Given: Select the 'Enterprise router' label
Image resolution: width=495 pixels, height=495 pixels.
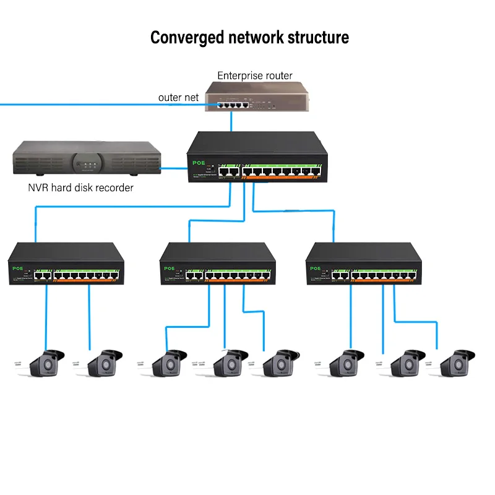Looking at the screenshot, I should point(254,75).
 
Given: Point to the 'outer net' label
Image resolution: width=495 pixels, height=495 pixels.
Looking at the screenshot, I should point(178,97).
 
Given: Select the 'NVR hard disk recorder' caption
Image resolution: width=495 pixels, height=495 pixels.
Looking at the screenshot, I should point(80,187).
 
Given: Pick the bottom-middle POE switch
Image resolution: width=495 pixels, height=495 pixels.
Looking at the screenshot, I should point(217,265).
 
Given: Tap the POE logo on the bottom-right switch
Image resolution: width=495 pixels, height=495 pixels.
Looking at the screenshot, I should point(315,269).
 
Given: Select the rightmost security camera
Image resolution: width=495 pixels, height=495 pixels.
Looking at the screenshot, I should point(456,364).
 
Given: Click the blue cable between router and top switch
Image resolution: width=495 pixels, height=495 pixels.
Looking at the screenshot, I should point(231,122).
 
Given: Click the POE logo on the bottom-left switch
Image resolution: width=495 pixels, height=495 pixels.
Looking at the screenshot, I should point(17,269).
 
